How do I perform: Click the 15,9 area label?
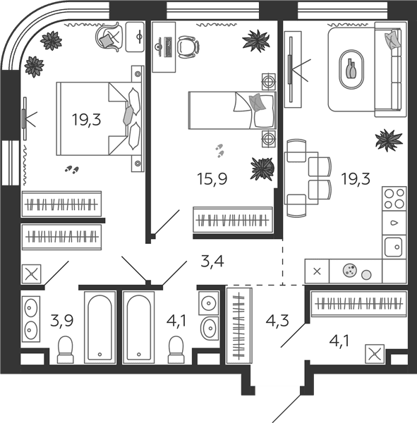click(212, 178)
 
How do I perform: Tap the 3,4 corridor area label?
click(212, 261)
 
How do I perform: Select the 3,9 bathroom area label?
click(62, 321)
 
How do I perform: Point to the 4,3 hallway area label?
click(277, 321)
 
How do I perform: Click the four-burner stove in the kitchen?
click(394, 199)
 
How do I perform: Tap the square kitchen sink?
click(394, 247)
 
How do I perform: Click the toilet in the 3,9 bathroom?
click(66, 350)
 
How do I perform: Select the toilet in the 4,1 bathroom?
click(176, 350)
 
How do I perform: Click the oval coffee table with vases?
click(351, 69)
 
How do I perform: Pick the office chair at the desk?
click(188, 47)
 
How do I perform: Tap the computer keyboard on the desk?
click(168, 47)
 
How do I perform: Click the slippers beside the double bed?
click(72, 169)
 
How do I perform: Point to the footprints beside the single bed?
click(219, 151)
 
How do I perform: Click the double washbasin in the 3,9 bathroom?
click(30, 319)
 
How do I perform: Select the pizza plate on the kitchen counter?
click(349, 270)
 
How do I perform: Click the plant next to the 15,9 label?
click(262, 169)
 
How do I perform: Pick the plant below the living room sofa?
click(389, 140)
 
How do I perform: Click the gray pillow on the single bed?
click(257, 103)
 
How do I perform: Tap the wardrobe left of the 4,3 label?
click(239, 326)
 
